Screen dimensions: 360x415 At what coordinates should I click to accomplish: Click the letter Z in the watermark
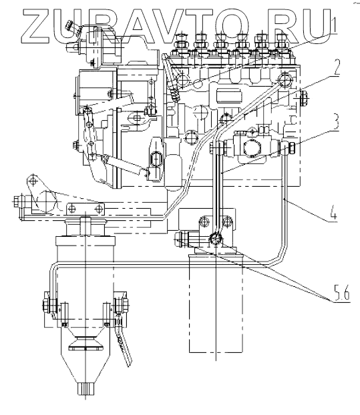[36, 27]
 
